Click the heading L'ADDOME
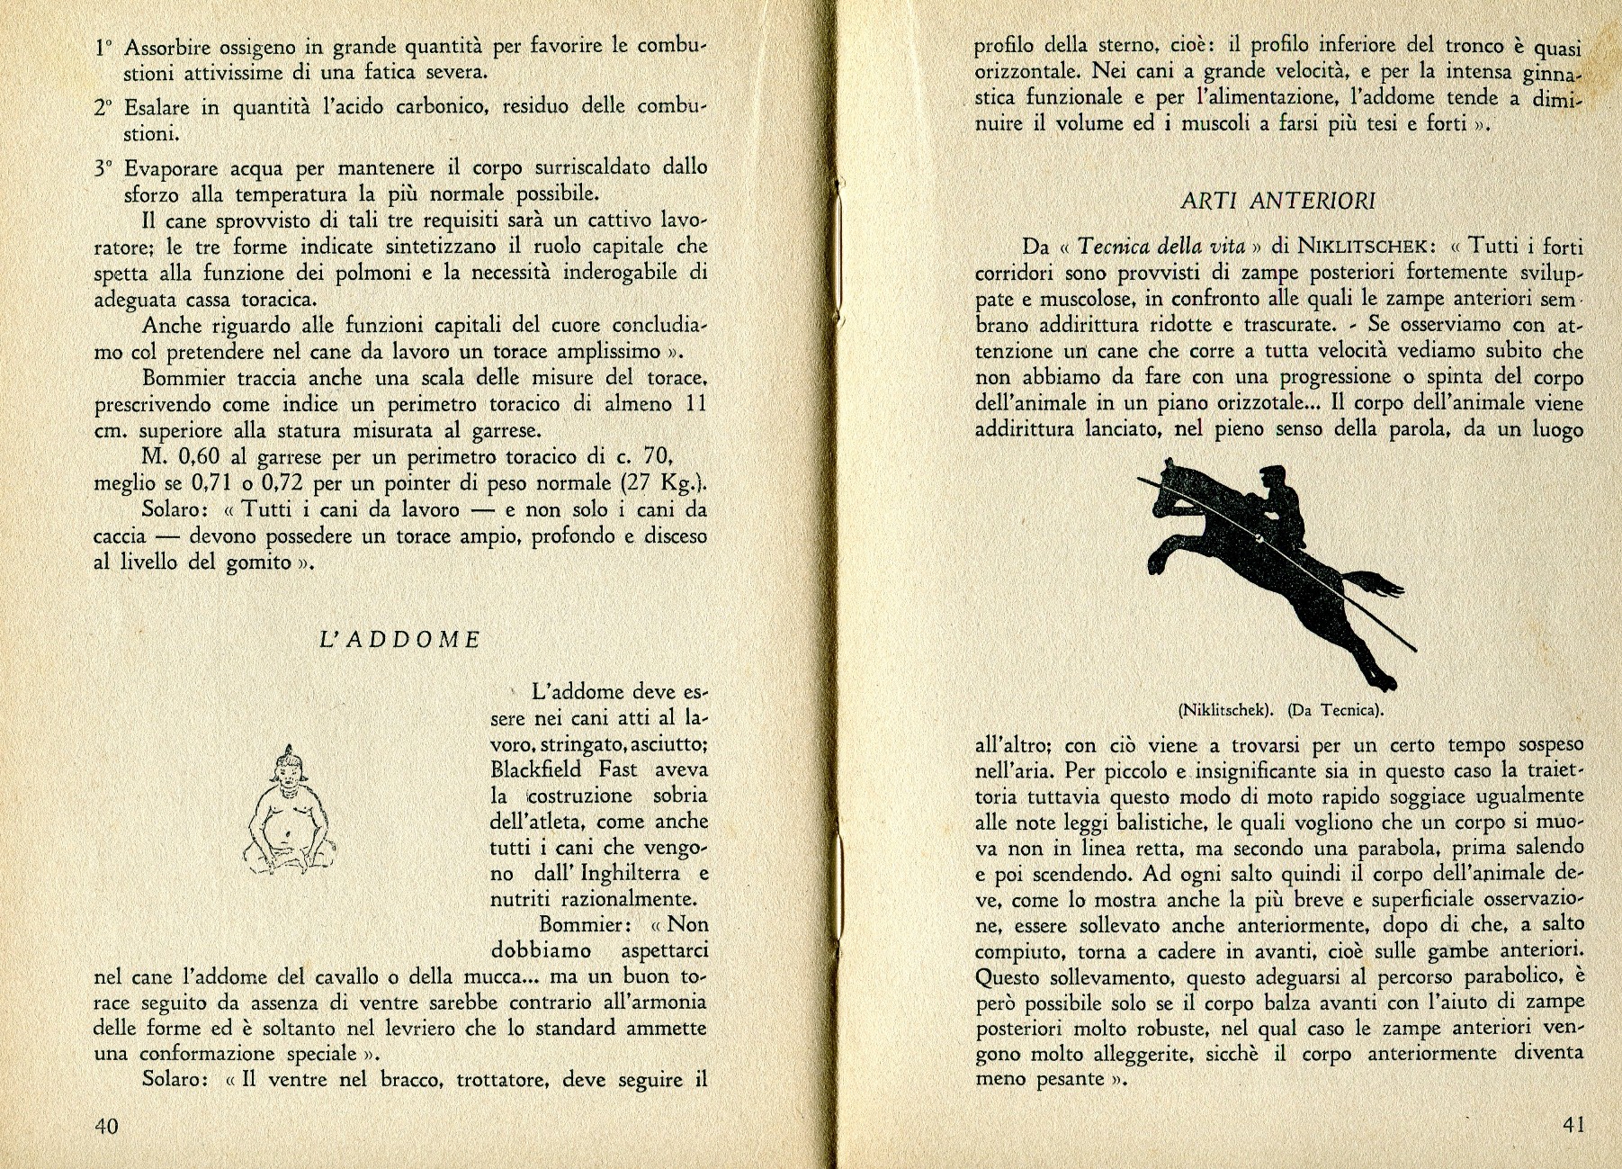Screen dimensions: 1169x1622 pyautogui.click(x=400, y=640)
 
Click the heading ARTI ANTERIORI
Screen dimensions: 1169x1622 pyautogui.click(x=1278, y=201)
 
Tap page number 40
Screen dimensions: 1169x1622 pyautogui.click(x=107, y=1127)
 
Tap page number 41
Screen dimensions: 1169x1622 pyautogui.click(x=1573, y=1124)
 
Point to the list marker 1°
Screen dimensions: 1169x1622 pyautogui.click(x=104, y=46)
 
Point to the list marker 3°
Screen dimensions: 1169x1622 pyautogui.click(x=104, y=168)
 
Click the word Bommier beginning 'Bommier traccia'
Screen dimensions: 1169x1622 pyautogui.click(x=183, y=377)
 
